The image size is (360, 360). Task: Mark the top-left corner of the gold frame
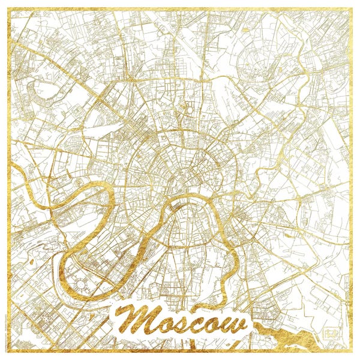tap(9, 9)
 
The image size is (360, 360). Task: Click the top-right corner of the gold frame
tap(351, 9)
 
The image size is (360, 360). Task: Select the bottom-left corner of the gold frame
tap(9, 351)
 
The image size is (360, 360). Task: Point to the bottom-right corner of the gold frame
tap(351, 351)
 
